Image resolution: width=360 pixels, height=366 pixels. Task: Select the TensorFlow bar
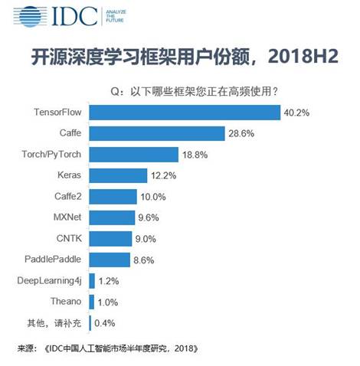tap(185, 113)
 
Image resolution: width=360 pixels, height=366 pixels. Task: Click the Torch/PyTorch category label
tap(50, 154)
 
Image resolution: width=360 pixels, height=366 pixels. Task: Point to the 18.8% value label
tap(193, 154)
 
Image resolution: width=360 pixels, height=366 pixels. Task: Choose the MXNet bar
tap(113, 217)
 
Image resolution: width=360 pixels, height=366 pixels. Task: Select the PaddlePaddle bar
tap(110, 260)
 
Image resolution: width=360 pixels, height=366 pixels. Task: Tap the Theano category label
tap(64, 301)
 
